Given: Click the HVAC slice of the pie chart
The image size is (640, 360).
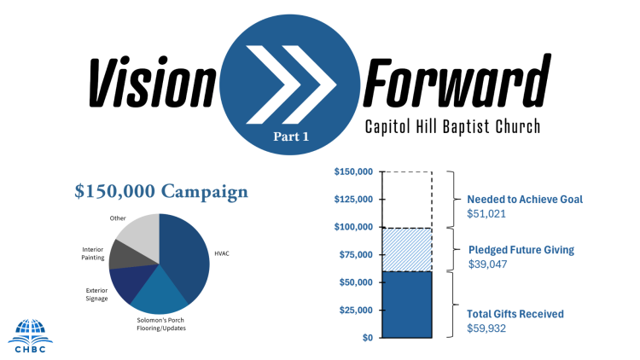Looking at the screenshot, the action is (186, 257).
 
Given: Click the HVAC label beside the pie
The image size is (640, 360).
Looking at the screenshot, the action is (222, 253).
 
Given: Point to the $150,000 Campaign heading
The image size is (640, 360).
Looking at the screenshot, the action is (161, 191).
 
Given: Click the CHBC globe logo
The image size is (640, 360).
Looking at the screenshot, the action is (30, 335).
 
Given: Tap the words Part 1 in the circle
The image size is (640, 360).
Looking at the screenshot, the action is (291, 136).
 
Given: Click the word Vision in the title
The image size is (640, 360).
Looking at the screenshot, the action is (152, 82).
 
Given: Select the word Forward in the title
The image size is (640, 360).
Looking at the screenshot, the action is (457, 80).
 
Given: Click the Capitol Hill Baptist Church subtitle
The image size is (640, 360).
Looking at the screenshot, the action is (452, 126).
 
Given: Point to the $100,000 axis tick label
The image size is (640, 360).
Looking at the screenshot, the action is (353, 227).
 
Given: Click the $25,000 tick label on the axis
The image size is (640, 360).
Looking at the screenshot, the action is (356, 311).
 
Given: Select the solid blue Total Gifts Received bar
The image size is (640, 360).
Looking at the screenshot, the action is (407, 305).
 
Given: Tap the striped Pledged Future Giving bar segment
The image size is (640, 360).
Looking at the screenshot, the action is (407, 250).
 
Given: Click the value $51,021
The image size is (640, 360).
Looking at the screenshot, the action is (486, 213).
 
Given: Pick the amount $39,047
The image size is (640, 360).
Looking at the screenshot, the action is (488, 264).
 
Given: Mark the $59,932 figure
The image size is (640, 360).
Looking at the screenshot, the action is (486, 328).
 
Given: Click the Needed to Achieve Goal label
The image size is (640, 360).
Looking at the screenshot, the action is (525, 199).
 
